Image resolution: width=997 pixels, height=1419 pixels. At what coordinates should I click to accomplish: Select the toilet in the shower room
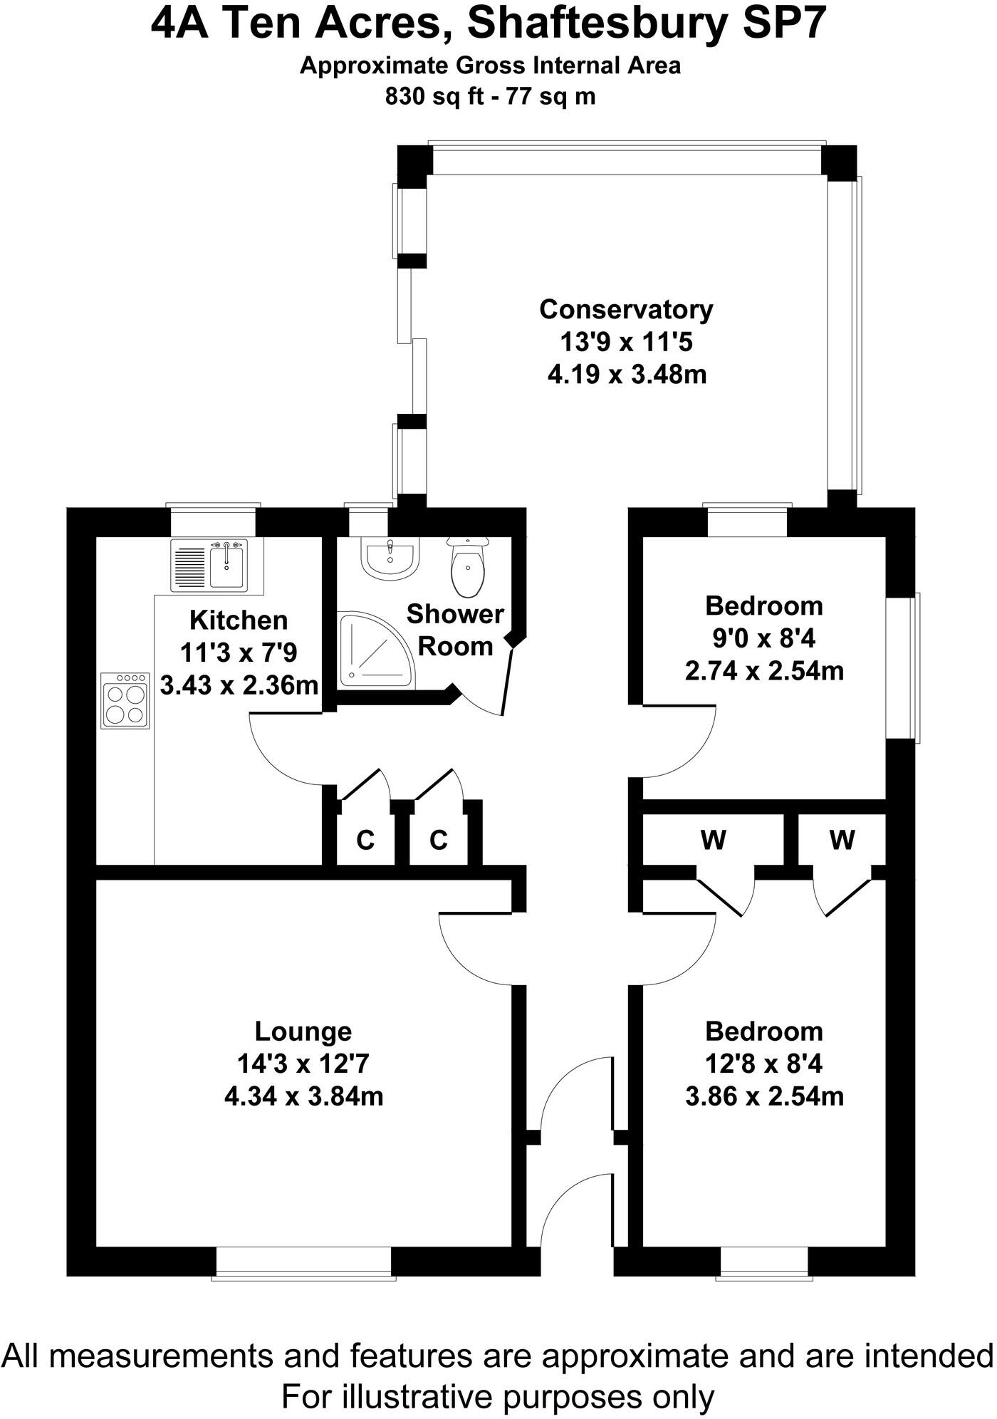point(467,566)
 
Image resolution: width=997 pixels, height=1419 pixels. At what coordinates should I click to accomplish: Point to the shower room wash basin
point(390,556)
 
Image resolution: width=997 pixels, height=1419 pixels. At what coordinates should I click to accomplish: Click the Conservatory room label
point(626,310)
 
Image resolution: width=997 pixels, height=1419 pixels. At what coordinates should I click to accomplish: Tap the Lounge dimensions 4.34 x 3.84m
point(304,1096)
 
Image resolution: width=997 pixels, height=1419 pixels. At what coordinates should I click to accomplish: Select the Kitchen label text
point(239,620)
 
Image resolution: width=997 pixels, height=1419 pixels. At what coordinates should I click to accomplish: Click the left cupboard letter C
point(365,841)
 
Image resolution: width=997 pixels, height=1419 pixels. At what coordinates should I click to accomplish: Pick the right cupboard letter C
point(439,841)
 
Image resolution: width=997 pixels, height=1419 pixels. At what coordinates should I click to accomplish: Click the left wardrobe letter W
point(713,841)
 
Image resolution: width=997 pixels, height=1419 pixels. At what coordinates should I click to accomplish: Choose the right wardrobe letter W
point(842,841)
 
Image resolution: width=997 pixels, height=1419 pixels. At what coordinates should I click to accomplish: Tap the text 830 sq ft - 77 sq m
point(490,96)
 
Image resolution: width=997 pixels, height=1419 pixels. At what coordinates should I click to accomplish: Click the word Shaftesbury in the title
point(599,26)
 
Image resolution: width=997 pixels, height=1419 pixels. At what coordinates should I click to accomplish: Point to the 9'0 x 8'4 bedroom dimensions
point(764,638)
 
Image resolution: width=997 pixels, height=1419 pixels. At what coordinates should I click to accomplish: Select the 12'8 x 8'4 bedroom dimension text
point(764,1064)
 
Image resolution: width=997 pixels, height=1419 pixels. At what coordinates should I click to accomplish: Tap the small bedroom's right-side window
point(902,667)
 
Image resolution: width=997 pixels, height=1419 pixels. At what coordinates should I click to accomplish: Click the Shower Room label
point(455,630)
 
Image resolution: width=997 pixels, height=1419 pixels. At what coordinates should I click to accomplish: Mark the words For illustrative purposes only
point(498,1396)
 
